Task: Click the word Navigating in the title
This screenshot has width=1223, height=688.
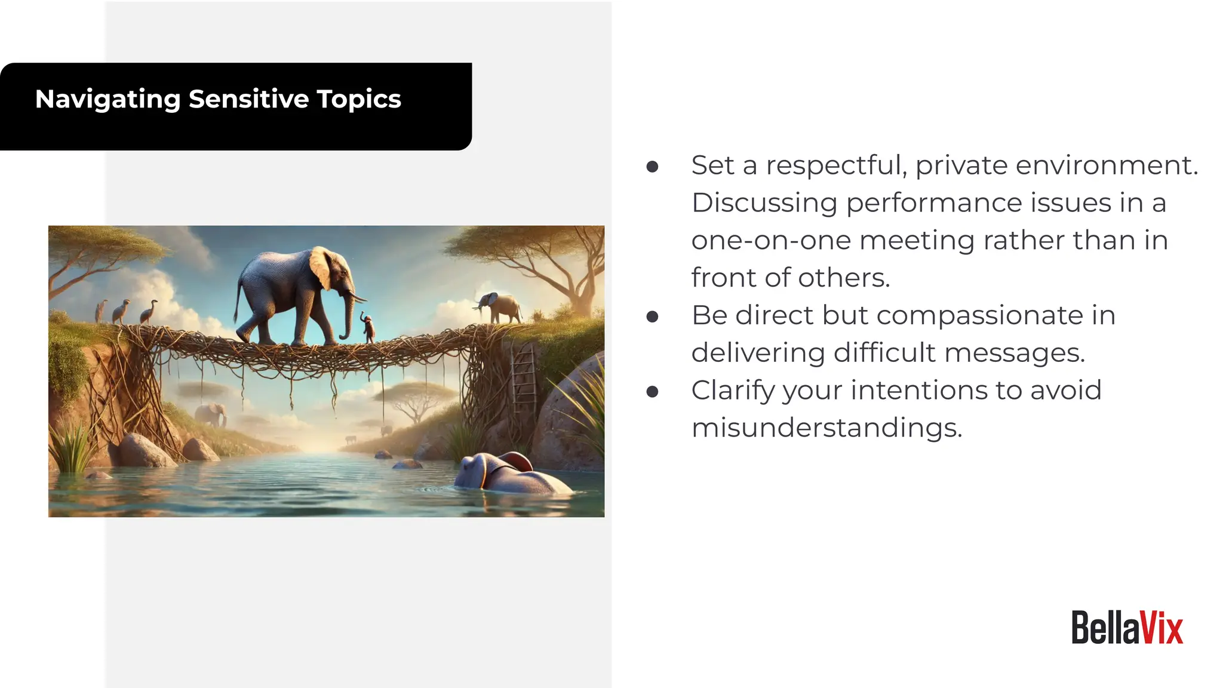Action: pyautogui.click(x=107, y=99)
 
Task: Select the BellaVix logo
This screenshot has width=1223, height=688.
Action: pyautogui.click(x=1127, y=628)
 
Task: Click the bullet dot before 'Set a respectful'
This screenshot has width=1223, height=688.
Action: pyautogui.click(x=652, y=167)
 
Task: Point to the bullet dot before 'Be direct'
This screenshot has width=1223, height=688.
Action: pyautogui.click(x=652, y=317)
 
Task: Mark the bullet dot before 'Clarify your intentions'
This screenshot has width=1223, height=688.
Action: pyautogui.click(x=652, y=392)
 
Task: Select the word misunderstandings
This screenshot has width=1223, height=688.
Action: pyautogui.click(x=826, y=428)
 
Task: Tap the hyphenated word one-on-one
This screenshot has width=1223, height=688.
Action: pyautogui.click(x=771, y=240)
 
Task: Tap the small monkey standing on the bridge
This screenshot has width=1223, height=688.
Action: pyautogui.click(x=368, y=327)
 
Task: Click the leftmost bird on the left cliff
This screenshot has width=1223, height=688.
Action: pyautogui.click(x=102, y=311)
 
